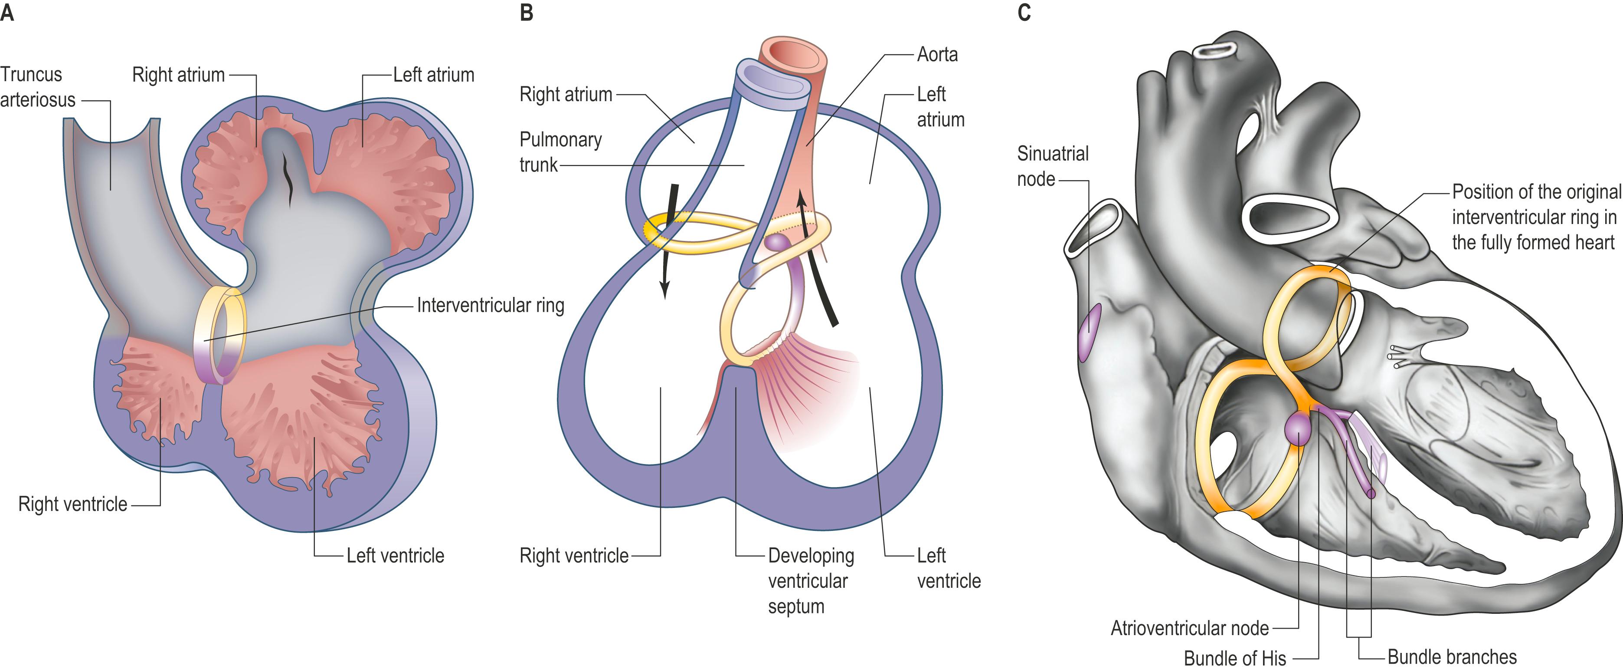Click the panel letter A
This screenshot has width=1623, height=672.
7,13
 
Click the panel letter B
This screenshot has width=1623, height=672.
527,13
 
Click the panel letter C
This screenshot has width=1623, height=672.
1024,13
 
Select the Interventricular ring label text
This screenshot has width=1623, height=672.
490,306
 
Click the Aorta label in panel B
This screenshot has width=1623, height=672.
937,55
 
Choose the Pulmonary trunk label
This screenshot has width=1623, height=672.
560,152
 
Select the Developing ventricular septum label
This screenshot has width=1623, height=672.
810,580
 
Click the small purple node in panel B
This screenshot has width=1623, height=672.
777,243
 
